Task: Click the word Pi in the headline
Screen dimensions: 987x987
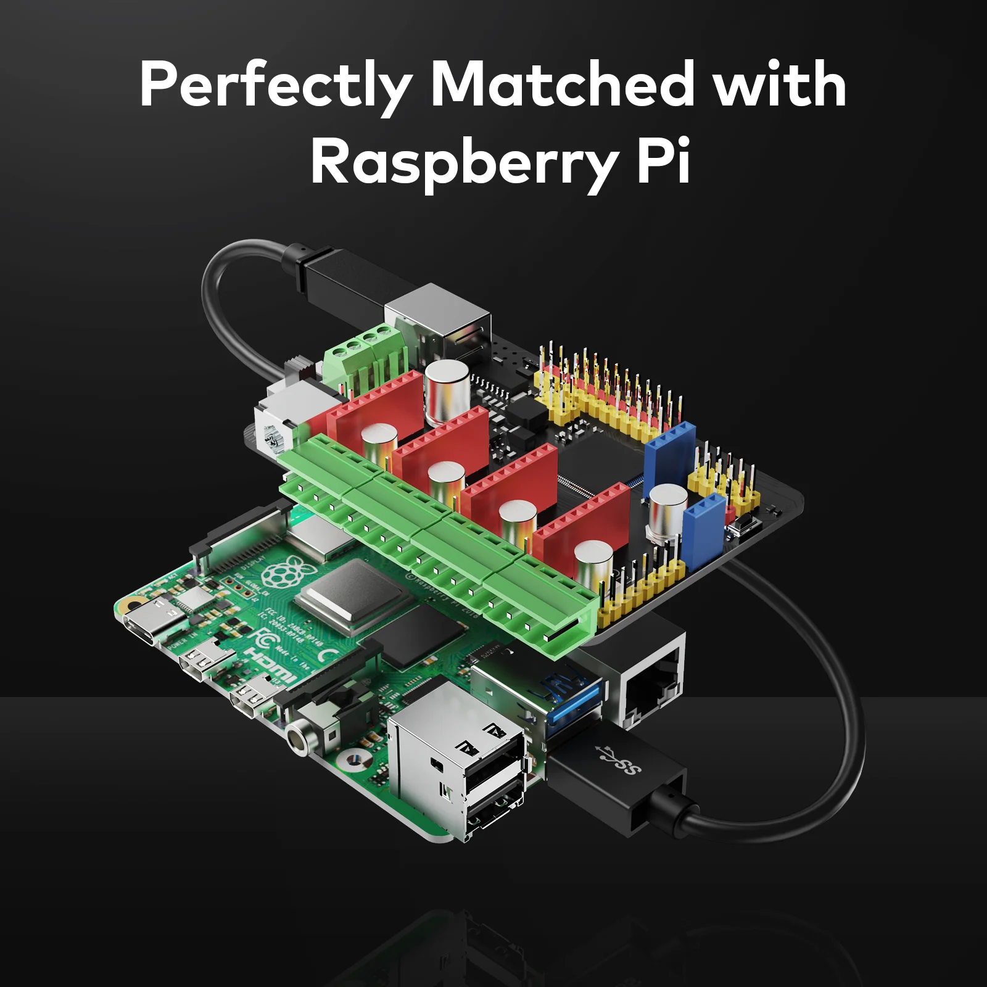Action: (x=663, y=162)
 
